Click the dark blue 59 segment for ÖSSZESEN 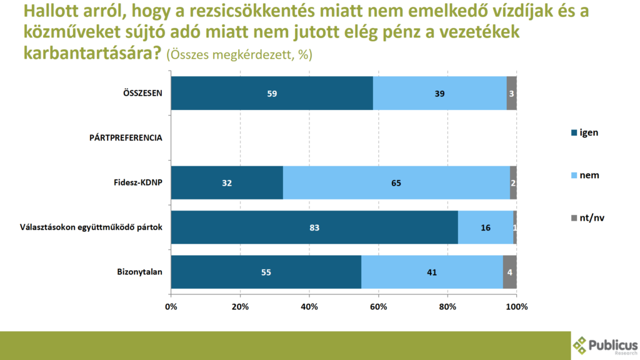(271, 93)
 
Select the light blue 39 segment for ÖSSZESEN (439, 93)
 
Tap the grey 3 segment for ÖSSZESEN (511, 93)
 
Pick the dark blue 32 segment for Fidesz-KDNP (226, 183)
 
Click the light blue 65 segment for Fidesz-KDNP (396, 183)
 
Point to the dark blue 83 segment (314, 227)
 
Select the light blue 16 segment (485, 227)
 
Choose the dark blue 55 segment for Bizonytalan (266, 272)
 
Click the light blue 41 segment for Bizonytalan (432, 272)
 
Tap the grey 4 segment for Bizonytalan (509, 272)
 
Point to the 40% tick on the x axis (309, 307)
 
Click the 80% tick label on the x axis (448, 307)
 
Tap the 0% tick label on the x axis (171, 307)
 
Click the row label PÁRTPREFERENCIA (126, 138)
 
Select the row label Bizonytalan (139, 272)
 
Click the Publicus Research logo (605, 346)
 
